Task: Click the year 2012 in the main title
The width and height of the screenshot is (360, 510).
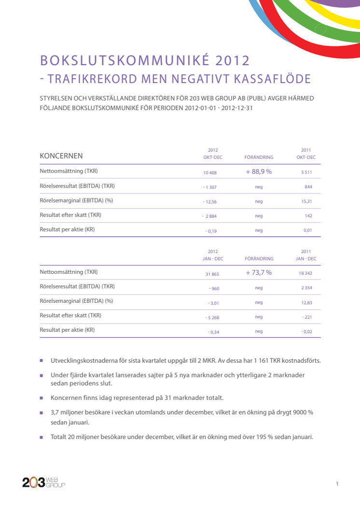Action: pyautogui.click(x=232, y=61)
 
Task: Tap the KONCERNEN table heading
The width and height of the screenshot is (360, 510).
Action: pyautogui.click(x=61, y=156)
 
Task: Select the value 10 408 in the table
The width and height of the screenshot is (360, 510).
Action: pyautogui.click(x=210, y=173)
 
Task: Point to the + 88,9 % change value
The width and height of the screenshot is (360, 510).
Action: pyautogui.click(x=259, y=172)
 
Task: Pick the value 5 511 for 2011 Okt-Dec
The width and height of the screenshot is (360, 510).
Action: pyautogui.click(x=306, y=172)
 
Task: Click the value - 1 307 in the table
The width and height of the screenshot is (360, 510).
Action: pyautogui.click(x=210, y=187)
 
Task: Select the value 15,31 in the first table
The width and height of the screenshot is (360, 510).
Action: pyautogui.click(x=306, y=201)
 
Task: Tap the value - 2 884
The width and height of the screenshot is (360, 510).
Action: pyautogui.click(x=209, y=216)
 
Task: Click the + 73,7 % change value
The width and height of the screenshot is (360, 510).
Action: pyautogui.click(x=259, y=272)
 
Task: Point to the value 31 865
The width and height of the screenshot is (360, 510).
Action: pyautogui.click(x=212, y=274)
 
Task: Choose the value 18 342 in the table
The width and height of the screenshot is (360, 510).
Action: pyautogui.click(x=305, y=273)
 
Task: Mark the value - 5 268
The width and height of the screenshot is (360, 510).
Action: pyautogui.click(x=212, y=317)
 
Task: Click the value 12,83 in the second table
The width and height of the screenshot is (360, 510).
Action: pyautogui.click(x=307, y=302)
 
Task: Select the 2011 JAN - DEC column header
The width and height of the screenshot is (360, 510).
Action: pyautogui.click(x=306, y=255)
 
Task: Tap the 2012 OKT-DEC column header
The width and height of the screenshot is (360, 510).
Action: pyautogui.click(x=213, y=154)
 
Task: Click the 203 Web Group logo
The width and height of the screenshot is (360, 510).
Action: pyautogui.click(x=44, y=482)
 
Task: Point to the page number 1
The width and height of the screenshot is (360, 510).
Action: pyautogui.click(x=337, y=483)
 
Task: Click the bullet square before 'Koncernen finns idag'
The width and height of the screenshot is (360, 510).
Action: pyautogui.click(x=42, y=398)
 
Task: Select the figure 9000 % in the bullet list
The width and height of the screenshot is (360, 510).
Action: pyautogui.click(x=303, y=412)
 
